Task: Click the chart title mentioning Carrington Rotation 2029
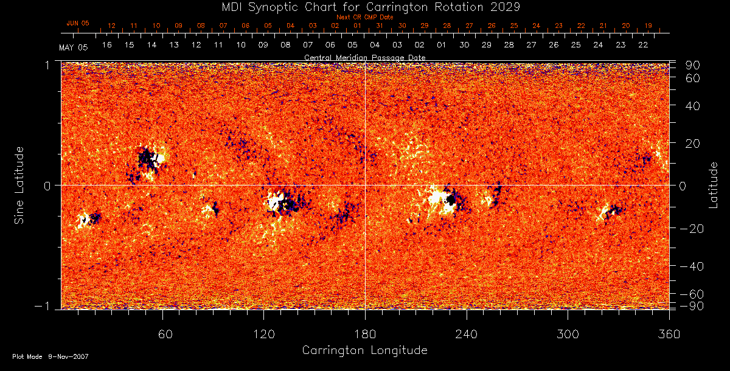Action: click(364, 7)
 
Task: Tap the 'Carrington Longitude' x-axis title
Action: click(364, 350)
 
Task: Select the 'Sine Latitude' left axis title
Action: click(20, 184)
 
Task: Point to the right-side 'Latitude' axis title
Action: click(714, 184)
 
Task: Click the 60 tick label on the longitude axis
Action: click(162, 334)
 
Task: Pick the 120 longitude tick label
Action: click(263, 334)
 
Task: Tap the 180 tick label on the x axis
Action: click(365, 334)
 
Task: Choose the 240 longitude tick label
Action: click(466, 334)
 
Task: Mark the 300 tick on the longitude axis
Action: click(568, 334)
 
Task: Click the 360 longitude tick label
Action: click(669, 334)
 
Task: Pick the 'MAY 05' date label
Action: click(74, 47)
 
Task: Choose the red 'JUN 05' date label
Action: click(77, 23)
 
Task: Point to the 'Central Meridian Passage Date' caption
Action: click(364, 58)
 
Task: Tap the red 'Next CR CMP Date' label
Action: click(364, 17)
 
